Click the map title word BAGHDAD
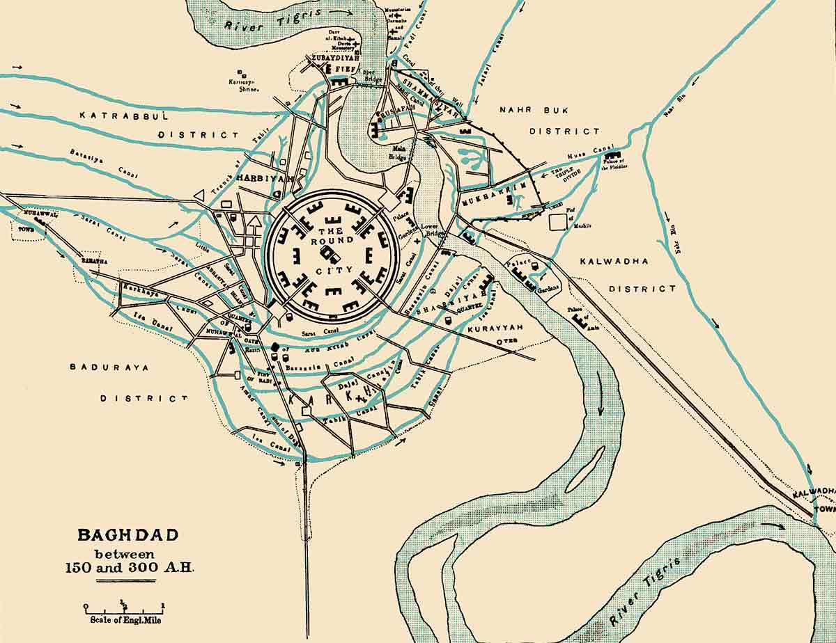[127, 535]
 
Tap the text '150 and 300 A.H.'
[127, 566]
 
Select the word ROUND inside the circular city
[332, 241]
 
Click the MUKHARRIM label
[490, 201]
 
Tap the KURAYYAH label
[493, 327]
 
